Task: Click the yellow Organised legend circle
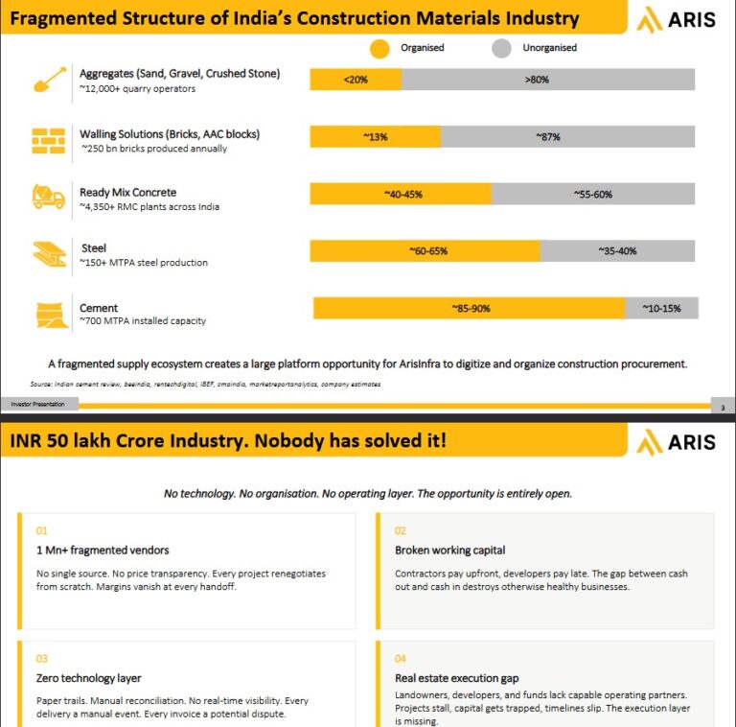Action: (x=379, y=48)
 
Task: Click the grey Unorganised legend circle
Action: (x=501, y=48)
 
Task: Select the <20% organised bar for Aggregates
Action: (x=356, y=80)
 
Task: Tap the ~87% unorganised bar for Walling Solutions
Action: (x=568, y=136)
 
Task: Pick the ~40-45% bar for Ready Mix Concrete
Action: (x=401, y=194)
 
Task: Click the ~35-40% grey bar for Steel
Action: (x=618, y=250)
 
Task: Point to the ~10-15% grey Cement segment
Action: (x=662, y=308)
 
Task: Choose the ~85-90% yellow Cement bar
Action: (x=470, y=308)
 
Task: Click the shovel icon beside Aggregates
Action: (x=50, y=80)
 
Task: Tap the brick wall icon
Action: (x=48, y=141)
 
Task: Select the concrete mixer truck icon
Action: (x=48, y=196)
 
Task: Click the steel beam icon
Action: (x=50, y=254)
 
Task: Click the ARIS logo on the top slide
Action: (x=676, y=20)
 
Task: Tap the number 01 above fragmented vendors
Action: (x=42, y=530)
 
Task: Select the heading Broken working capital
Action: (x=450, y=550)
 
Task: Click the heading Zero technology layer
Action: (x=89, y=678)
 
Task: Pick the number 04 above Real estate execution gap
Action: (x=401, y=659)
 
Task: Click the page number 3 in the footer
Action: (x=723, y=408)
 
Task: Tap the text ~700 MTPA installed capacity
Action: (x=143, y=320)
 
